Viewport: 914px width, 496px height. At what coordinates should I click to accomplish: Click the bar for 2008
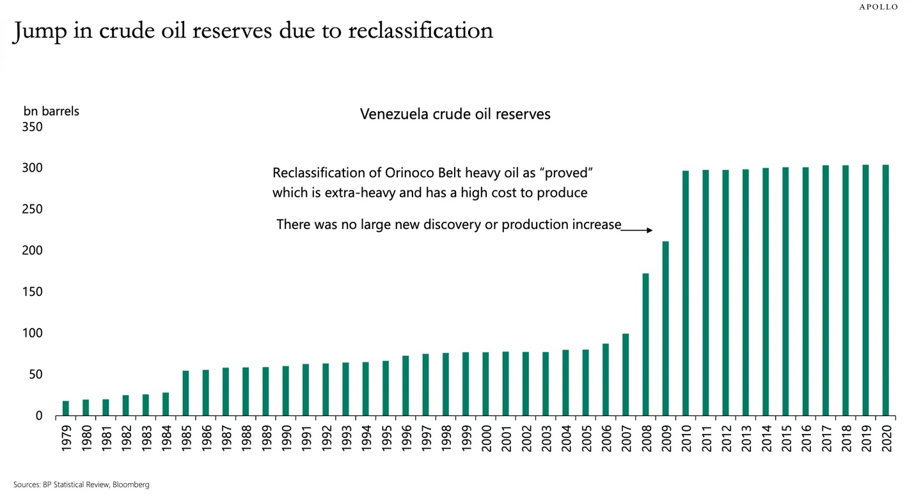click(645, 345)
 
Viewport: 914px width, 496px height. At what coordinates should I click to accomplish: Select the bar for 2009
click(665, 329)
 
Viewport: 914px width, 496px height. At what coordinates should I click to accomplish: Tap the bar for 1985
click(185, 393)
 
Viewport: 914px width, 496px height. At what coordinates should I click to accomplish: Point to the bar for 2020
click(885, 290)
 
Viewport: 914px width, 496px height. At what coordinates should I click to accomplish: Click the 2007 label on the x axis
click(626, 438)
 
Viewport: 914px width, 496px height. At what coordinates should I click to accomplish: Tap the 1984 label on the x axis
click(166, 438)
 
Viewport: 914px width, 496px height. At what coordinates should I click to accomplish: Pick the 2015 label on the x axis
click(785, 438)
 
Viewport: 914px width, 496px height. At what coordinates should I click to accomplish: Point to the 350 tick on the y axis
click(32, 127)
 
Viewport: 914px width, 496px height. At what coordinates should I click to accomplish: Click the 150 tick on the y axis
click(32, 292)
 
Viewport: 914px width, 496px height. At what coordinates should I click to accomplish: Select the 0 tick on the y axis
click(38, 416)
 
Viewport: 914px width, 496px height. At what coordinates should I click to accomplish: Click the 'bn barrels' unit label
click(51, 111)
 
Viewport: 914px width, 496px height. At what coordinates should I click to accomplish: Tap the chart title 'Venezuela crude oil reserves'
click(455, 114)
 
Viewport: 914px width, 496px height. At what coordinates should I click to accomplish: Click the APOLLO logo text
click(878, 7)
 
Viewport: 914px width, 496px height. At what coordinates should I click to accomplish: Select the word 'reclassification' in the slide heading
click(420, 31)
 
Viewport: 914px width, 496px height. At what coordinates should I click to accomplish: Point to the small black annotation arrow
click(637, 230)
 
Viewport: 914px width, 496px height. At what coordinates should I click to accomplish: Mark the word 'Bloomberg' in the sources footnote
click(131, 485)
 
